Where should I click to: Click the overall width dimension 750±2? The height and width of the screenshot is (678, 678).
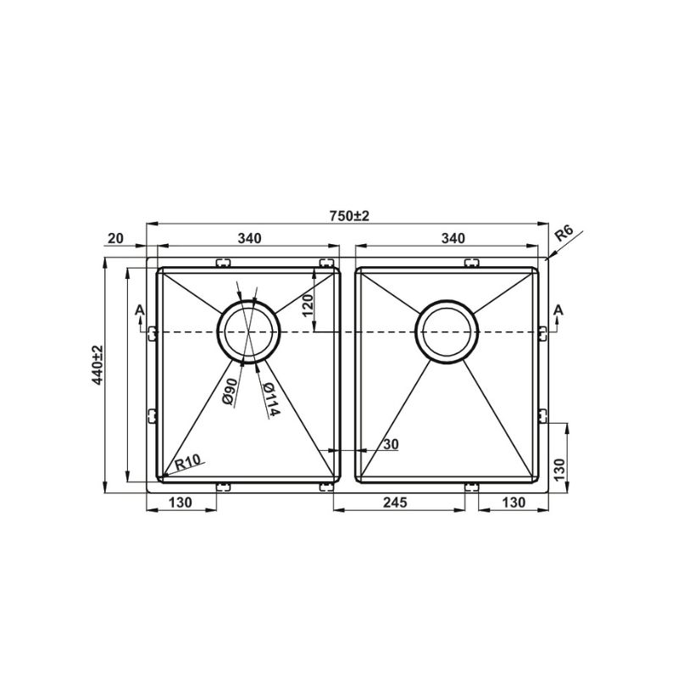pyautogui.click(x=349, y=216)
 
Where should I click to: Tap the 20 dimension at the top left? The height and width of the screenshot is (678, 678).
pyautogui.click(x=116, y=239)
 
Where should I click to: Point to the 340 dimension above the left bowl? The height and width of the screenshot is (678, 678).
pyautogui.click(x=248, y=239)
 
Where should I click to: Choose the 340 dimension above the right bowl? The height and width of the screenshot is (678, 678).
pyautogui.click(x=454, y=239)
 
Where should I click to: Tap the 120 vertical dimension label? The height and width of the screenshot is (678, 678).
pyautogui.click(x=308, y=300)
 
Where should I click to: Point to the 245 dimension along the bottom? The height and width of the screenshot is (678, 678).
pyautogui.click(x=396, y=502)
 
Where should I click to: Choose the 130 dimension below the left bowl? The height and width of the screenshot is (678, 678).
pyautogui.click(x=181, y=502)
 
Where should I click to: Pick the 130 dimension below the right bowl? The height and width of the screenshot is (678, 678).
pyautogui.click(x=512, y=502)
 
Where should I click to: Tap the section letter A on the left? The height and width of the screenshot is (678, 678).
pyautogui.click(x=138, y=314)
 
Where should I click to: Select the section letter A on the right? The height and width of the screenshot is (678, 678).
pyautogui.click(x=557, y=314)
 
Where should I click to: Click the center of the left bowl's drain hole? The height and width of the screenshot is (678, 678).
pyautogui.click(x=248, y=331)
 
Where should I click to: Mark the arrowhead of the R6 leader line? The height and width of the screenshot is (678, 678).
pyautogui.click(x=550, y=258)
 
